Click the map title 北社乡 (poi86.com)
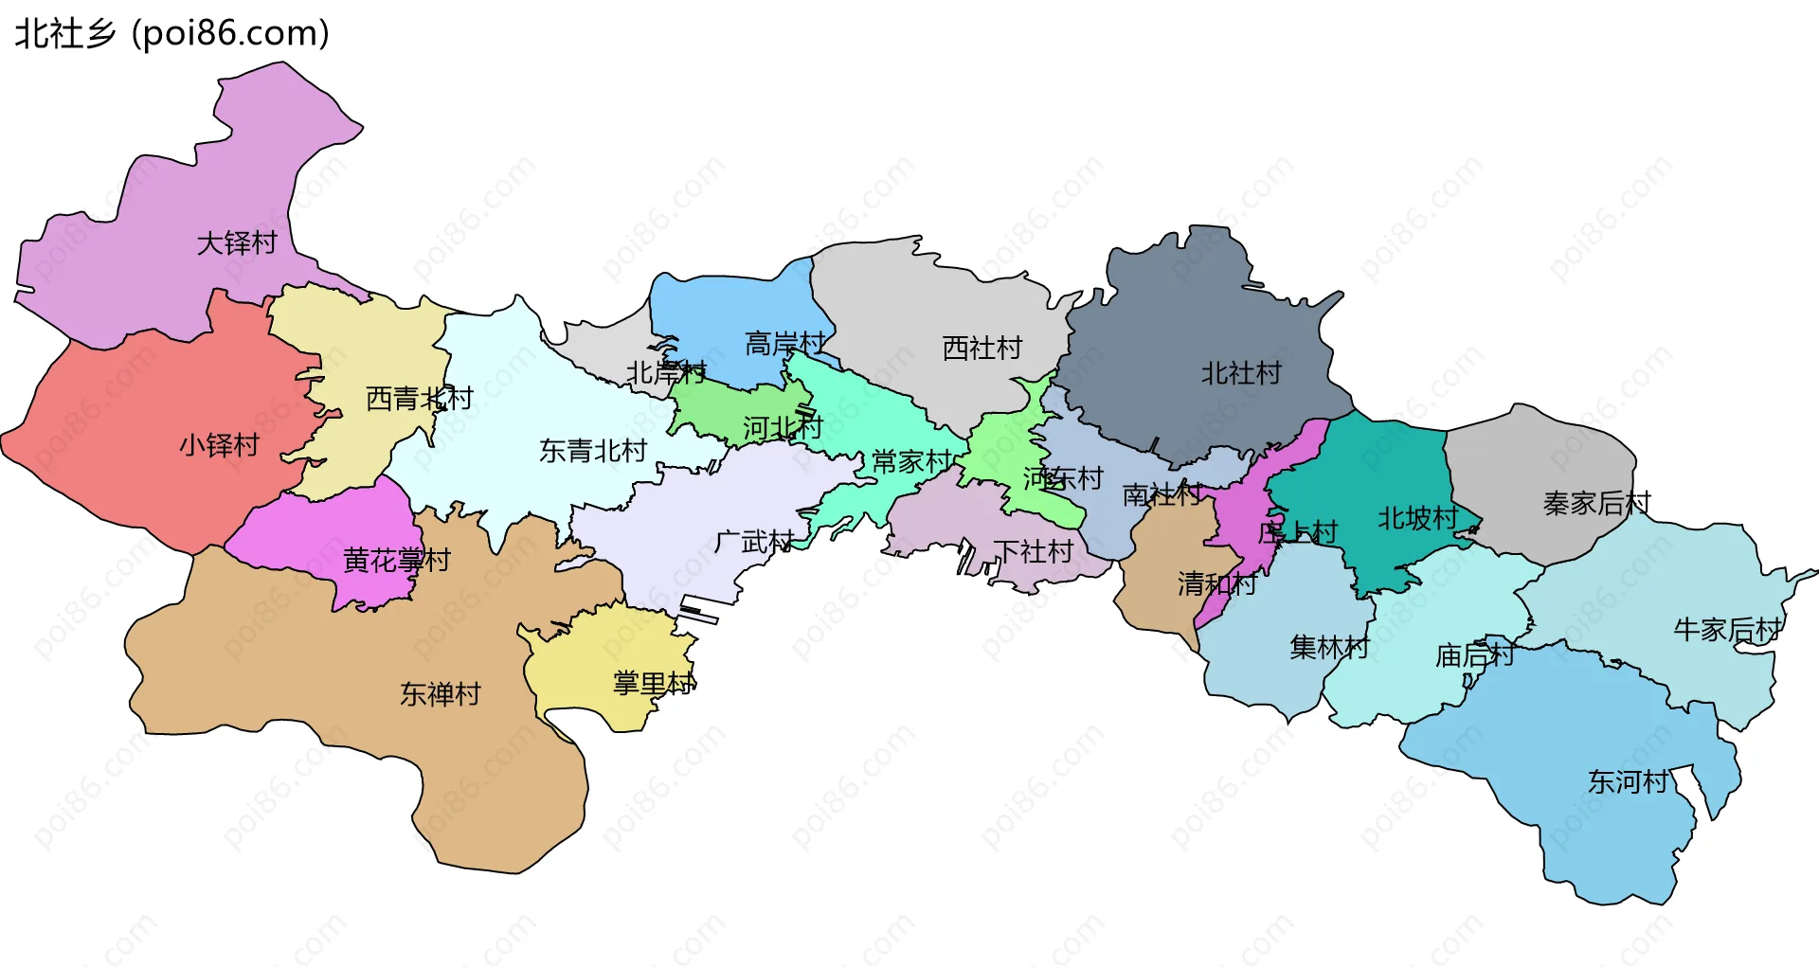coord(171,33)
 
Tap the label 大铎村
coord(237,243)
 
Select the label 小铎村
coord(220,445)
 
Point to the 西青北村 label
coord(419,399)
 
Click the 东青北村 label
coord(593,451)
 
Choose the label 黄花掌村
coord(396,561)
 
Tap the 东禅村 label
coord(440,694)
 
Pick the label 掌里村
coord(654,683)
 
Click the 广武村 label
coord(754,543)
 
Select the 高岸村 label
coord(785,343)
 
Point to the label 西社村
coord(982,349)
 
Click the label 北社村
coord(1241,373)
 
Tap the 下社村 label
coord(1033,551)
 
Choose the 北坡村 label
coord(1417,518)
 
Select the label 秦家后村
coord(1596,503)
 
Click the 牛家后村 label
coord(1728,630)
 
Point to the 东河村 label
coord(1628,782)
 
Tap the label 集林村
coord(1329,648)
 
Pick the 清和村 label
coord(1217,583)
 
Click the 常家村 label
coord(911,462)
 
